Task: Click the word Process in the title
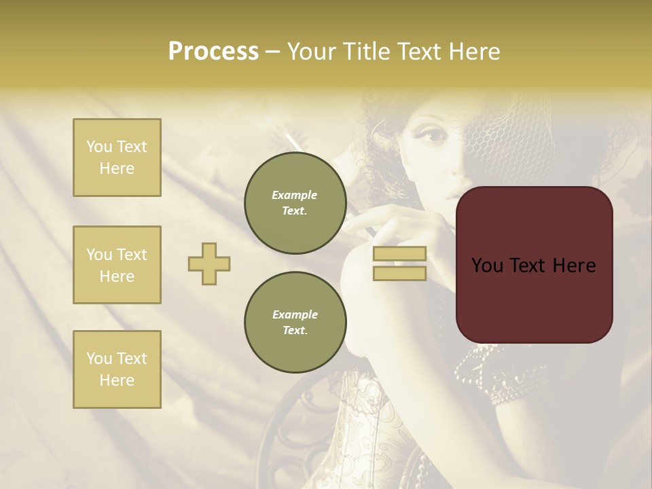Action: [x=213, y=52]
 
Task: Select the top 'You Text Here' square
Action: [x=117, y=158]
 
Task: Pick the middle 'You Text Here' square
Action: [x=117, y=265]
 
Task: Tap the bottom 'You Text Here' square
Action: [x=117, y=369]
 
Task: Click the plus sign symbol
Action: [x=209, y=264]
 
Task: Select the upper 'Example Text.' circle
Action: [x=295, y=203]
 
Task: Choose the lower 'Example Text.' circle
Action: [x=295, y=323]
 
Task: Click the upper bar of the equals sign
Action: [x=399, y=254]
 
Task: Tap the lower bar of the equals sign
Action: [x=399, y=273]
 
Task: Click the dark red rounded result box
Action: [x=534, y=265]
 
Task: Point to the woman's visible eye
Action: [x=432, y=135]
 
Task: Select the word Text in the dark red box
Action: [x=534, y=265]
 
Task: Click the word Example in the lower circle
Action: [x=295, y=314]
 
